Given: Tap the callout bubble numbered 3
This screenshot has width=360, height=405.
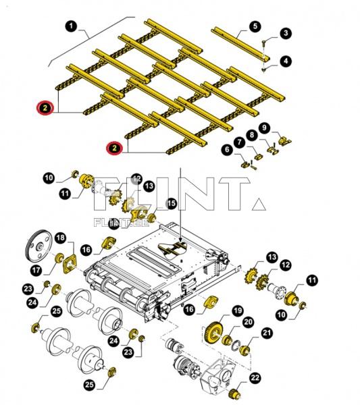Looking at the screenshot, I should tap(286, 33).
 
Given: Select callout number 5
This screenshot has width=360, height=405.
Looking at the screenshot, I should tap(255, 26).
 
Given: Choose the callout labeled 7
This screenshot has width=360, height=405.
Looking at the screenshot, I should tap(240, 142).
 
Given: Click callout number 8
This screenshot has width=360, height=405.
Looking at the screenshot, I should tap(253, 134).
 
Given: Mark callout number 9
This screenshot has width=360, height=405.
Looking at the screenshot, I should tap(265, 127).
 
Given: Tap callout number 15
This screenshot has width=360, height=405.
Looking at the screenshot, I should tap(172, 203).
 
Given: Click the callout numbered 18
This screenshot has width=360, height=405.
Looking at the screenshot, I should tap(60, 238).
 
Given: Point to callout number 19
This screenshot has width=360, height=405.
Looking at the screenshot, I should tap(237, 310).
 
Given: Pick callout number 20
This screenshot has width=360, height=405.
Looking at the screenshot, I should tap(249, 322).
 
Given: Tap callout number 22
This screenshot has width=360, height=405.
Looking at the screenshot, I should tap(255, 379).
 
